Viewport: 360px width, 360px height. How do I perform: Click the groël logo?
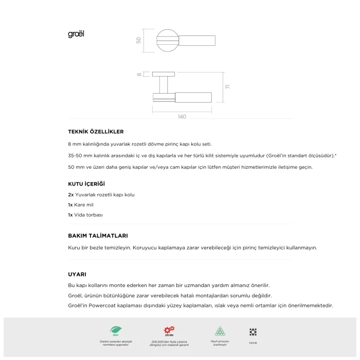[x=76, y=34]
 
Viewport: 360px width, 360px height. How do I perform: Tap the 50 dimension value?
[x=139, y=40]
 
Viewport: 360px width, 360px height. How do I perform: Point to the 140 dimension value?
[x=182, y=117]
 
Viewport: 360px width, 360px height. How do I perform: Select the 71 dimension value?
[x=227, y=87]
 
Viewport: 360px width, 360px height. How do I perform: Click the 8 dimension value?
[x=139, y=75]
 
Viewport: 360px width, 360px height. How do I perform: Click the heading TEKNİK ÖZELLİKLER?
[x=96, y=132]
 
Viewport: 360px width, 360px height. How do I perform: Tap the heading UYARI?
[x=77, y=274]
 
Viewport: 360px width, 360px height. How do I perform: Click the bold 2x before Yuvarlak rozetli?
[x=71, y=195]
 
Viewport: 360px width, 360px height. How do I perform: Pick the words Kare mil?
[x=84, y=205]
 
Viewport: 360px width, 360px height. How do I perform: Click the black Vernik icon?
[x=253, y=332]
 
